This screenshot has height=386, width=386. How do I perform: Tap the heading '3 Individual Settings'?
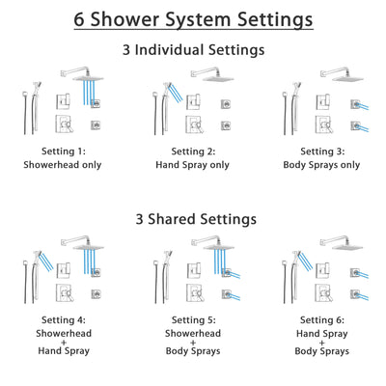(x=193, y=49)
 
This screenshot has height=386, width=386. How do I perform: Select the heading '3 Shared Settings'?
(x=193, y=219)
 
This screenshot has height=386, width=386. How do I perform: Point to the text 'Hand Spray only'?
(x=193, y=164)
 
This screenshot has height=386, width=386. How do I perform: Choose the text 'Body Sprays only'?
(x=320, y=164)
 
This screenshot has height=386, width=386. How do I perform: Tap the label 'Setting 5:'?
(x=193, y=320)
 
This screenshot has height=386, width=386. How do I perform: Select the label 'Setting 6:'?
(x=320, y=320)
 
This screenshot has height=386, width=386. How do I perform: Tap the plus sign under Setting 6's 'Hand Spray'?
(x=320, y=345)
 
